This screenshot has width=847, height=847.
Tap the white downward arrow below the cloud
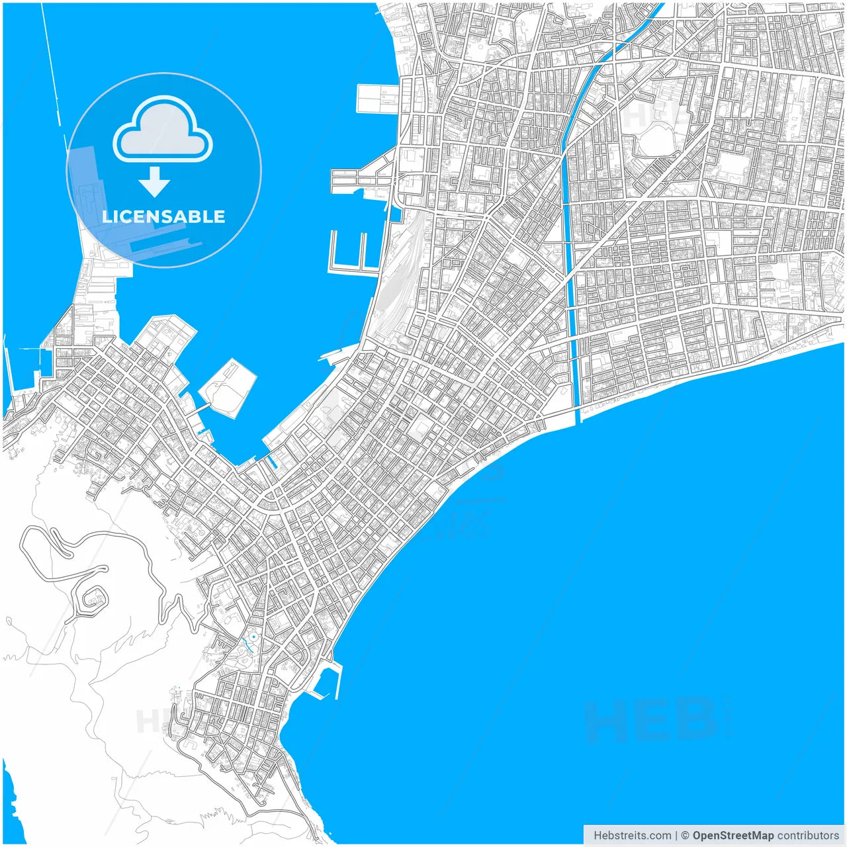155,182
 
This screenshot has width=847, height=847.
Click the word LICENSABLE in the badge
163,216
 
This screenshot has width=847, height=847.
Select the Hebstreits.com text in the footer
632,836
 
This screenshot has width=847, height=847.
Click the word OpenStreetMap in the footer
733,836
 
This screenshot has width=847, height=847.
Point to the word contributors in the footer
808,836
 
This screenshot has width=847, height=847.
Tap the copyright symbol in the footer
685,836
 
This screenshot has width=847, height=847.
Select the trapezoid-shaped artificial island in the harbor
228,387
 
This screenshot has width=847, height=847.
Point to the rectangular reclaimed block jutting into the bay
377,99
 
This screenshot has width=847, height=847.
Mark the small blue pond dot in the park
253,637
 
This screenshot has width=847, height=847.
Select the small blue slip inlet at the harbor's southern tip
273,463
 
